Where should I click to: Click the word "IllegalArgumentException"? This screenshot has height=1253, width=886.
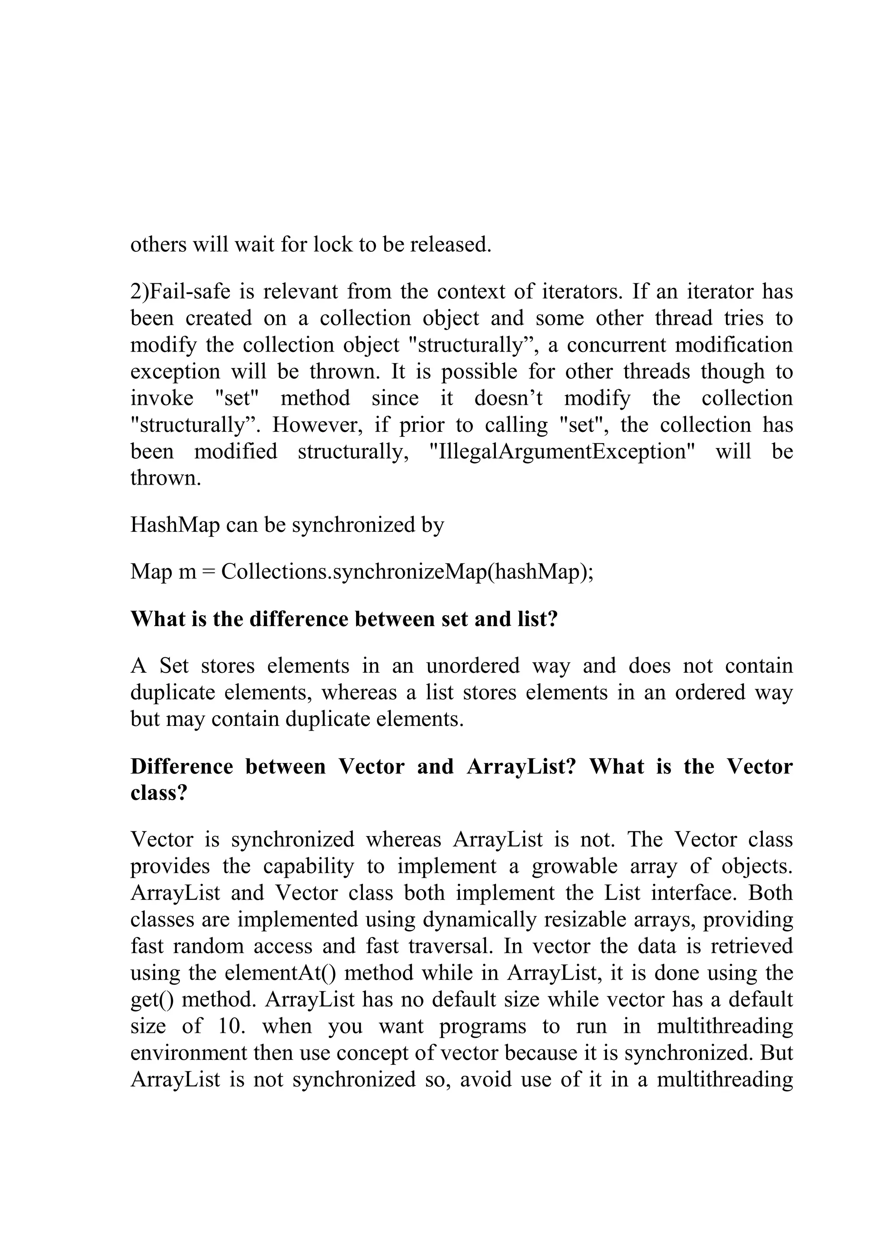pyautogui.click(x=562, y=452)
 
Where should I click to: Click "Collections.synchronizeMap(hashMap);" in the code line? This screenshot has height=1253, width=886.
pyautogui.click(x=407, y=572)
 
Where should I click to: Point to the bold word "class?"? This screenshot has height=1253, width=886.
pyautogui.click(x=159, y=793)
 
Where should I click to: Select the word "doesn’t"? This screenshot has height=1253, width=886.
pyautogui.click(x=508, y=398)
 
